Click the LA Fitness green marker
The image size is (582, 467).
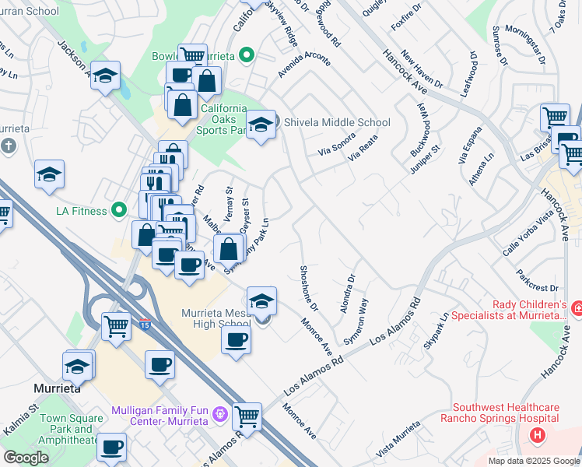[x=118, y=210]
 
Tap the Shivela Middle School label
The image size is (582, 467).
[x=337, y=122]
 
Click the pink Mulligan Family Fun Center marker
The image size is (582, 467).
[x=221, y=413]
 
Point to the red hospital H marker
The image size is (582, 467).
[x=538, y=434]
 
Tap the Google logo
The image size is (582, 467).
[x=26, y=458]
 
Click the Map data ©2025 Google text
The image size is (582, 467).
[x=533, y=461]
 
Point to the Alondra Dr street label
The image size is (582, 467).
[x=347, y=293]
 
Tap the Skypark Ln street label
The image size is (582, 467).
[x=436, y=331]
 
